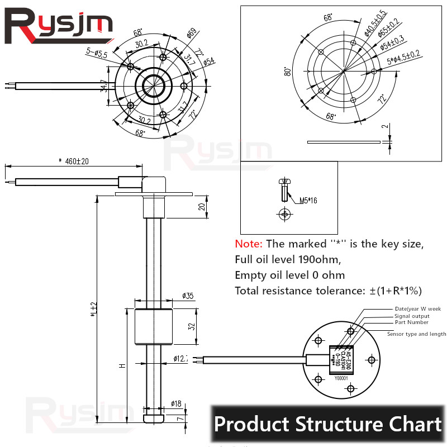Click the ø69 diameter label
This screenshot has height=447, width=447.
(191, 35)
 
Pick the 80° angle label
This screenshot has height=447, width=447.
(288, 71)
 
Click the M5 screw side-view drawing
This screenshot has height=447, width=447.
(285, 190)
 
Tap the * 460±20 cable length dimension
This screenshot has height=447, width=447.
(73, 161)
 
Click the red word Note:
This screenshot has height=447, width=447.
(249, 244)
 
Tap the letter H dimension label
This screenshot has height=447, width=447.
(122, 366)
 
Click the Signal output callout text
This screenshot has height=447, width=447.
(412, 316)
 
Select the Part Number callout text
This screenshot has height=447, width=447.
(411, 322)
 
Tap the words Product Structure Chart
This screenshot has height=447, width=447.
(327, 424)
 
